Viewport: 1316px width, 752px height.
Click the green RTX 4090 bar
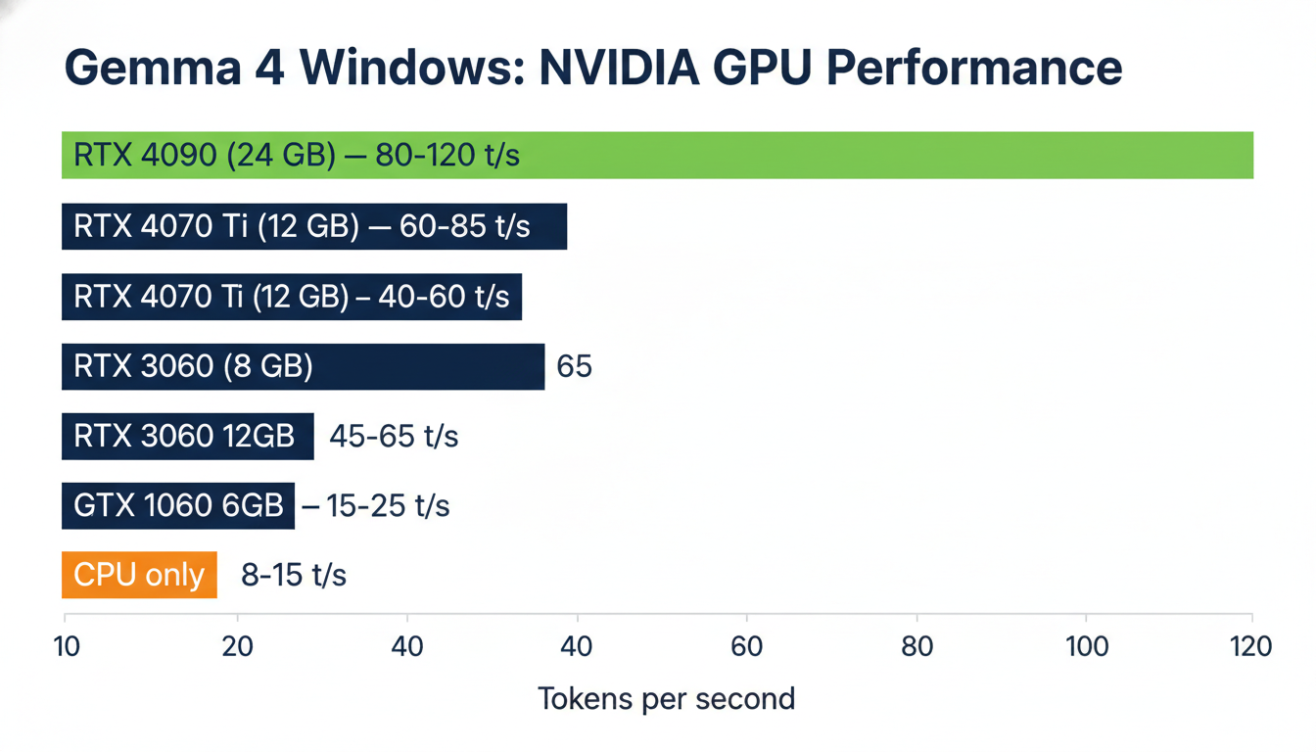click(657, 156)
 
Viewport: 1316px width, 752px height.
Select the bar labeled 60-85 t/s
click(314, 226)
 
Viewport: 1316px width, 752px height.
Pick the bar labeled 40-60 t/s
click(292, 297)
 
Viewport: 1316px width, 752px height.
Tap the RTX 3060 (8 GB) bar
click(303, 366)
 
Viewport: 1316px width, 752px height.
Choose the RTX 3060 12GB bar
click(188, 436)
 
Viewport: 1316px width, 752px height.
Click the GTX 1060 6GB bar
click(178, 505)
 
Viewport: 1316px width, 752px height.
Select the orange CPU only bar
click(139, 575)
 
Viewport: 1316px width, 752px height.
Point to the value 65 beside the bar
click(574, 366)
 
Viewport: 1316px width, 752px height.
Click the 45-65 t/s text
click(394, 436)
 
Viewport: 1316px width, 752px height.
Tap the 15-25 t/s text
click(376, 505)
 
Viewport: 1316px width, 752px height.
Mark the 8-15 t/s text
click(294, 575)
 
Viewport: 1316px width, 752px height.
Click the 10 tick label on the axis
click(67, 646)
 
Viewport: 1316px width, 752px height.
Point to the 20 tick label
click(237, 646)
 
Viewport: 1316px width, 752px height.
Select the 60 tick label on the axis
click(747, 646)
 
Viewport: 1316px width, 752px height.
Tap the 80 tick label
click(917, 646)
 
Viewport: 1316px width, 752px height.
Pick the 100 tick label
click(1087, 646)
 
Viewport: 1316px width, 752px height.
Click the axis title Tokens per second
click(666, 699)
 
